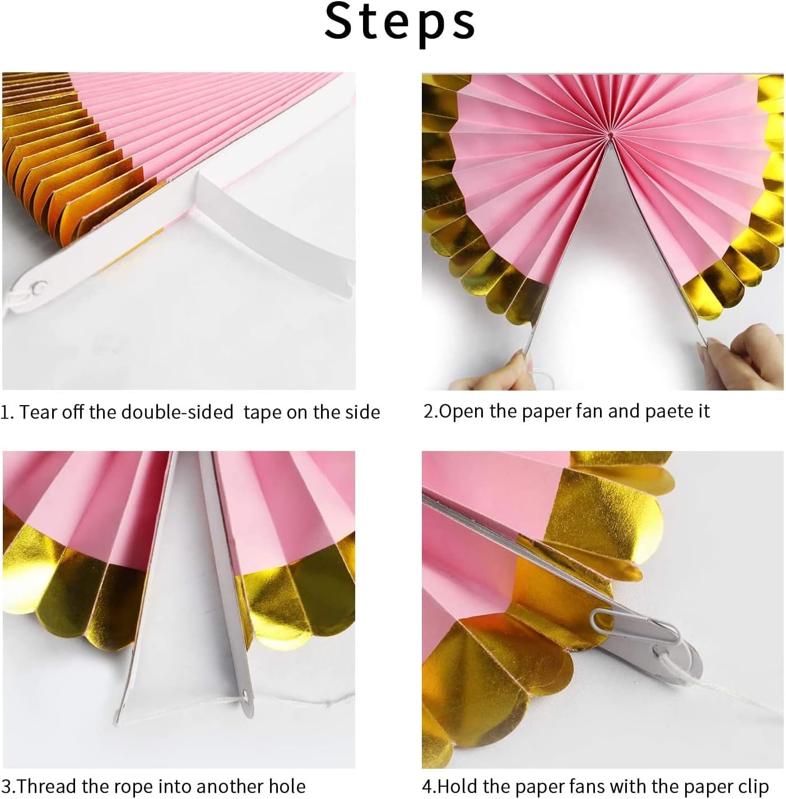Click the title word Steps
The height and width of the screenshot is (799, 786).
pos(399,23)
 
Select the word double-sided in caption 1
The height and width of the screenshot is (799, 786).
pos(177,412)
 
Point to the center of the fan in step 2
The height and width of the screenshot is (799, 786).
pos(610,134)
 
